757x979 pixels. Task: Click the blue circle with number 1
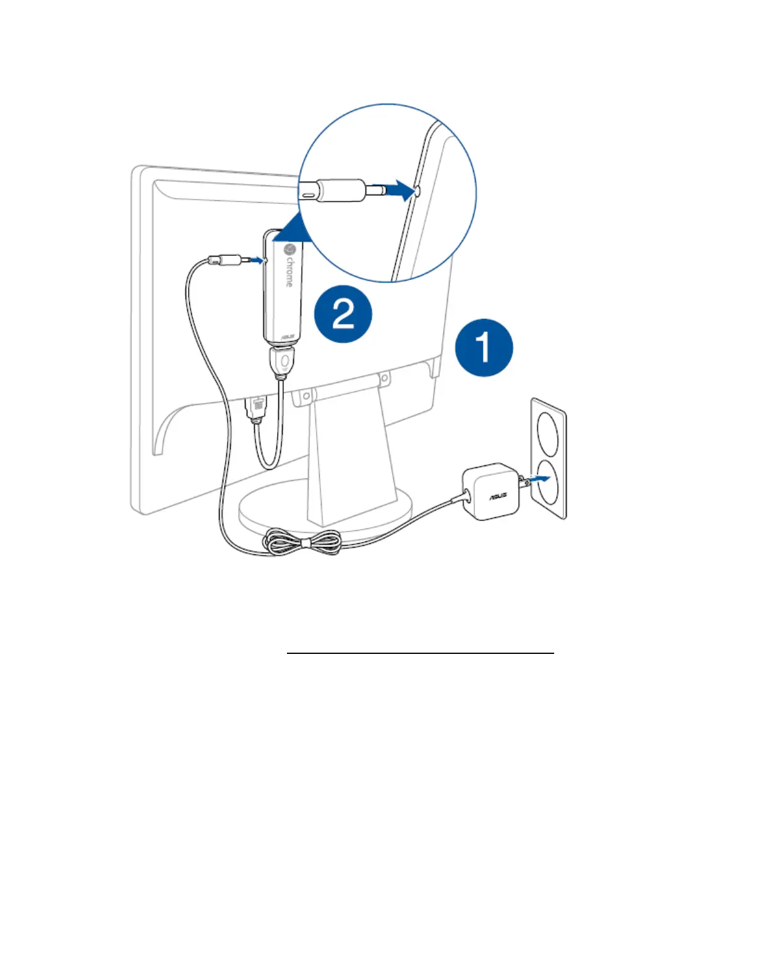[x=484, y=348]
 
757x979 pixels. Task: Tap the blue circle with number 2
[x=343, y=314]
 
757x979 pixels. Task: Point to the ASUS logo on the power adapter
[x=498, y=496]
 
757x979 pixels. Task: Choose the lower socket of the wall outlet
[x=548, y=485]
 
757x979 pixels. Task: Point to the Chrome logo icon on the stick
[x=289, y=250]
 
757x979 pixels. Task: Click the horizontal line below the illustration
[x=420, y=653]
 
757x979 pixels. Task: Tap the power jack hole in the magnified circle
[x=416, y=192]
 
